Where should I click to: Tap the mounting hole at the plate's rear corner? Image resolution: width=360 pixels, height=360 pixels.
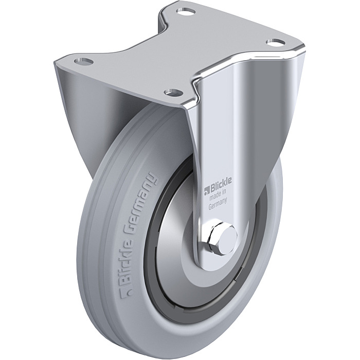tap(186, 11)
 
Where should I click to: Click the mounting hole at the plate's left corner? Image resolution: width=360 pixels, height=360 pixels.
tap(84, 61)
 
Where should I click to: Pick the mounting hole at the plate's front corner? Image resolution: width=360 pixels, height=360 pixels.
tap(174, 92)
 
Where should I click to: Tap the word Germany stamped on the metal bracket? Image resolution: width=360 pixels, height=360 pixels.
tap(218, 204)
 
